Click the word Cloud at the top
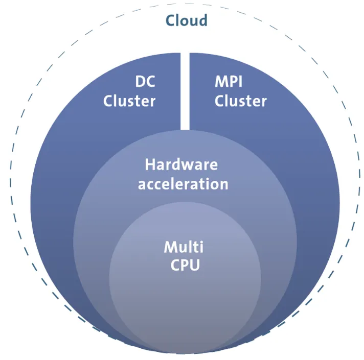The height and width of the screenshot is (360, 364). tap(186, 20)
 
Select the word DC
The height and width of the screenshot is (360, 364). tap(145, 82)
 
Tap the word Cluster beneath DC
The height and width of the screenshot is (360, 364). tap(129, 101)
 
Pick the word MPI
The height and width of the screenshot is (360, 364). tap(229, 82)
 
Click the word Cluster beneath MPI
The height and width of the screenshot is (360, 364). tap(241, 101)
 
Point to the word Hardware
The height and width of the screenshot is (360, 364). tap(181, 164)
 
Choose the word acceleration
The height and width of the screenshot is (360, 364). tap(183, 183)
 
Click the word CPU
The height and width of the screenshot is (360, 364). tap(185, 266)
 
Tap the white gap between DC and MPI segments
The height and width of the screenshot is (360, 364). tap(185, 92)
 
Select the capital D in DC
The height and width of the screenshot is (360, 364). tap(140, 82)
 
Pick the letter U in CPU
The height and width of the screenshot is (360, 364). tap(194, 266)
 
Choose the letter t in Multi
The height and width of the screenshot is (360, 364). tap(196, 248)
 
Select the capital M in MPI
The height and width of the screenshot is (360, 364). tap(220, 82)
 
